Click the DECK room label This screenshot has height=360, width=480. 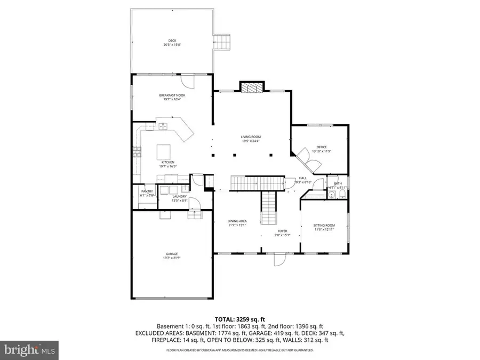[x=172, y=40]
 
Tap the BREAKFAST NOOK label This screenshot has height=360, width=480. [x=172, y=95]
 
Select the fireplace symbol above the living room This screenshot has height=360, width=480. [x=252, y=88]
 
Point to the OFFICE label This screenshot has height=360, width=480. [x=322, y=147]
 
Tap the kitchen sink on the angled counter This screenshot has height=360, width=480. [x=163, y=127]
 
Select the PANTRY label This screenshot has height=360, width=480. [x=147, y=191]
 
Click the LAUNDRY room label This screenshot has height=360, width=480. [x=179, y=196]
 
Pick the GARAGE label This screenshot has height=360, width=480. [x=172, y=254]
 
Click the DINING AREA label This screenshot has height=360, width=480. [x=237, y=221]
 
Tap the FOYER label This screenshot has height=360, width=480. [x=281, y=231]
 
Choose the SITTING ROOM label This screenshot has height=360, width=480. [x=324, y=226]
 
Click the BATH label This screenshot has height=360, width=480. [x=338, y=183]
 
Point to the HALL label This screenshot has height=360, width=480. [x=302, y=178]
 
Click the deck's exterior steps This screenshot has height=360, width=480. [x=222, y=42]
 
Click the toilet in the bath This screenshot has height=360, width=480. [x=331, y=196]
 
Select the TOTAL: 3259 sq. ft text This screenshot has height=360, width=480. [x=240, y=318]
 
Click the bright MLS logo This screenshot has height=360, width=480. [x=29, y=350]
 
